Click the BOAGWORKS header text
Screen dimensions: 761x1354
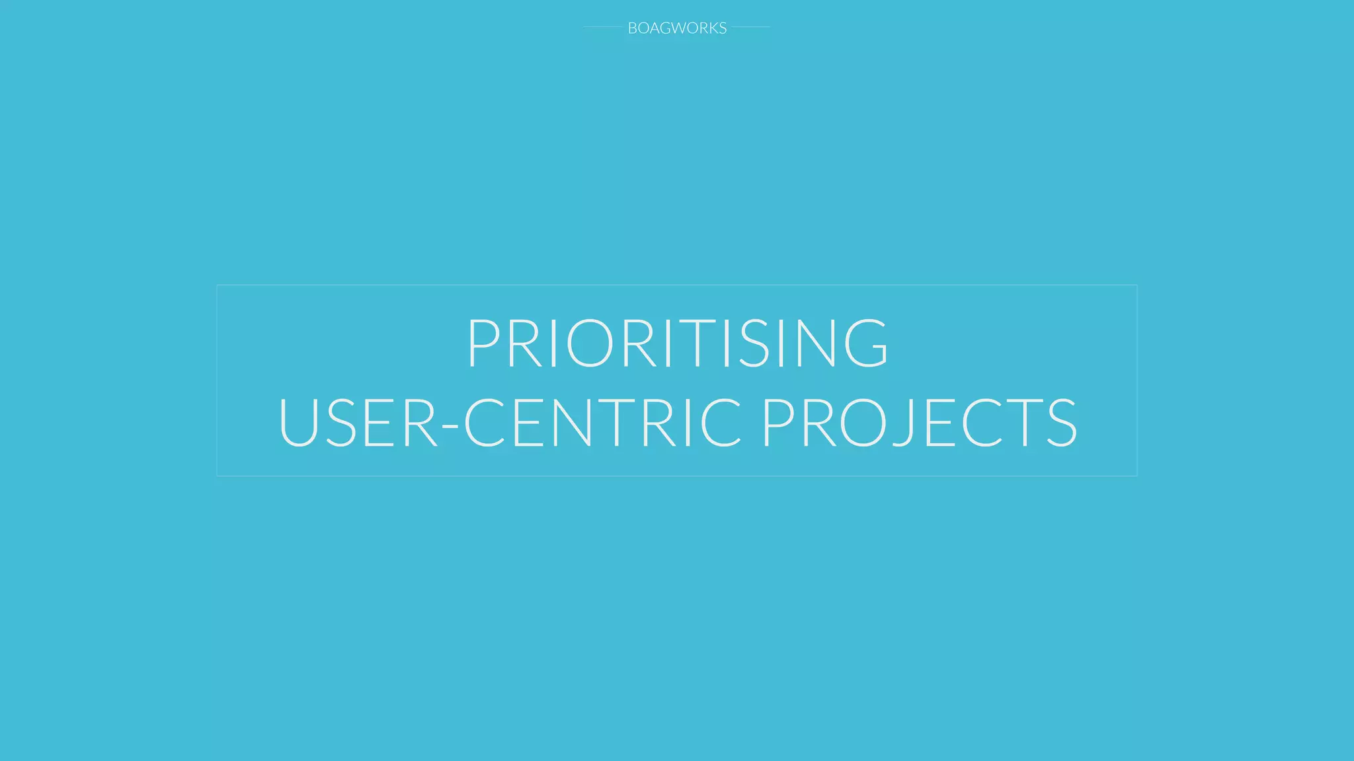point(677,28)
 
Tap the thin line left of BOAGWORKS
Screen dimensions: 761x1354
point(602,27)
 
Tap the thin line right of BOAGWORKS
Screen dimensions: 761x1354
point(751,27)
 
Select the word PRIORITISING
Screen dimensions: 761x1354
point(677,343)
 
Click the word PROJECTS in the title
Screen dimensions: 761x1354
point(920,423)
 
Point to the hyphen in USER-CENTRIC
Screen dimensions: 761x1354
point(450,426)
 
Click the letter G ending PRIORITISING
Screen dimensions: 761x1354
point(866,343)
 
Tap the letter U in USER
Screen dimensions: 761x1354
point(300,423)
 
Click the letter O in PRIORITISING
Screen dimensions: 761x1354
point(588,343)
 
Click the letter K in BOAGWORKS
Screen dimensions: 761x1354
point(712,28)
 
